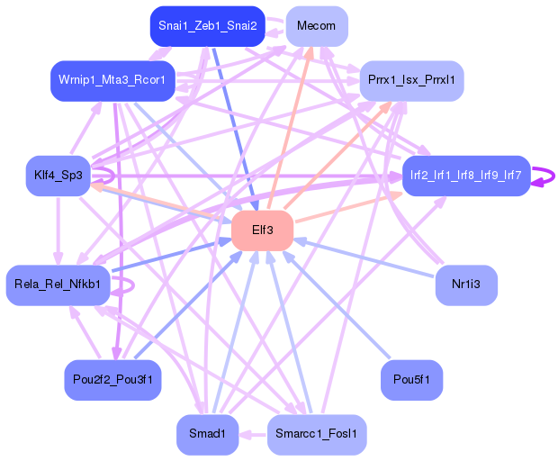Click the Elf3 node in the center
262,230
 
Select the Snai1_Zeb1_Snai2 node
208,26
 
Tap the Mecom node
317,26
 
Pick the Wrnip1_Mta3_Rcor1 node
112,80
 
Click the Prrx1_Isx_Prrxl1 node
411,80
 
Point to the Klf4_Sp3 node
58,176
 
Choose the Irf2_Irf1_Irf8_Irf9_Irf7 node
466,176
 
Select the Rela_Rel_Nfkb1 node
58,285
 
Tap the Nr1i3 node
466,285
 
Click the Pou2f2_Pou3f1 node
112,380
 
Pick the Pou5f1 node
411,380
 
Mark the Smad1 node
208,434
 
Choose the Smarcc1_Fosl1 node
317,434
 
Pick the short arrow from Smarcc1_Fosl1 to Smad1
253,435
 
